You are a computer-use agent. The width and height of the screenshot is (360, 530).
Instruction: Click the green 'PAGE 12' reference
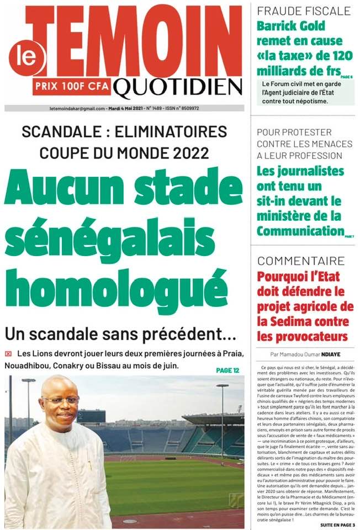[228, 370]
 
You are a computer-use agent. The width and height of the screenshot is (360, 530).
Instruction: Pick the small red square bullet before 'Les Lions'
[8, 353]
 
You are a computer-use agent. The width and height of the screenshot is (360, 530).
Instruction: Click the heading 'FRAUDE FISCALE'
[304, 10]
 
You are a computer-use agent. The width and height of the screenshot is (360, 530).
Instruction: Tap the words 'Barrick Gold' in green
[291, 26]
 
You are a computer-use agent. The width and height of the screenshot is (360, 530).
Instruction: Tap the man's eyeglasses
[59, 399]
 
